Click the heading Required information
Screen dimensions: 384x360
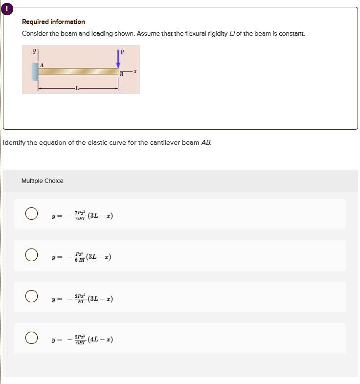coord(53,22)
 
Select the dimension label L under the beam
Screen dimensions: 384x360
coord(77,88)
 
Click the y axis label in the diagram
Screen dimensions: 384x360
coord(35,50)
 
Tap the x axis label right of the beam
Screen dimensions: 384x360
coord(135,71)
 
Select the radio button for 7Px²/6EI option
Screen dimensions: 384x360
coord(31,214)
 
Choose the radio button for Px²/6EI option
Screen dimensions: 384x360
coord(31,255)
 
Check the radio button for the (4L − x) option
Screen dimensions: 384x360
coord(31,338)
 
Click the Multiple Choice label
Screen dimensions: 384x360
coord(43,181)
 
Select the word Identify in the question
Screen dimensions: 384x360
coord(15,143)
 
